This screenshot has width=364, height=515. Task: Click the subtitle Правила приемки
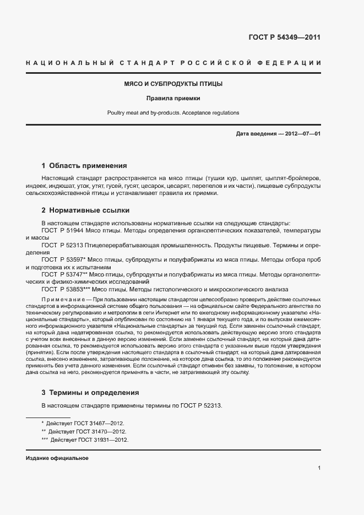[x=173, y=99]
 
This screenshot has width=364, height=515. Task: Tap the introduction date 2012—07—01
[x=301, y=134]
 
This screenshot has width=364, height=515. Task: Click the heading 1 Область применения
[x=85, y=165]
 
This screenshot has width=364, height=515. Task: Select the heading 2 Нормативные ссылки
[x=86, y=210]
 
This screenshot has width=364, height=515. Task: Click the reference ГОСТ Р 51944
[x=61, y=230]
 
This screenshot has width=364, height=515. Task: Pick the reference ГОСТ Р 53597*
[x=62, y=259]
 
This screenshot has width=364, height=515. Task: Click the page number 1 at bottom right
[x=319, y=468]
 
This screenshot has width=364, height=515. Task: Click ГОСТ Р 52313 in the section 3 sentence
[x=199, y=406]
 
